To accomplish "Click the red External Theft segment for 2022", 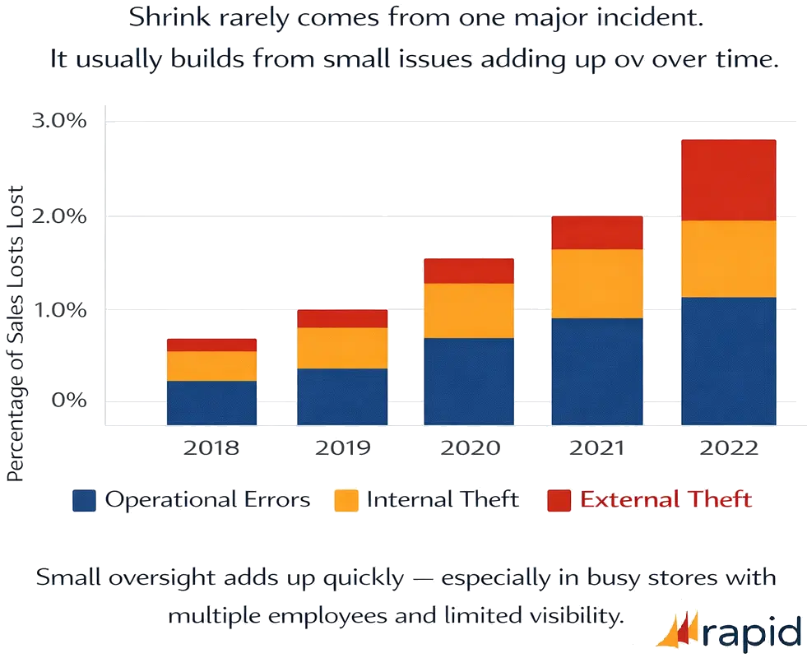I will pyautogui.click(x=728, y=180).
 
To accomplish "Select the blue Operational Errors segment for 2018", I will pyautogui.click(x=211, y=402).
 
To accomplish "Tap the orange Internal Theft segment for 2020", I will pyautogui.click(x=469, y=310).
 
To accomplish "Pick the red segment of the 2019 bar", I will pyautogui.click(x=342, y=318).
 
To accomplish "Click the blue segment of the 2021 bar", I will pyautogui.click(x=597, y=371).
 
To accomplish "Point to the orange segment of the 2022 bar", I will pyautogui.click(x=728, y=258).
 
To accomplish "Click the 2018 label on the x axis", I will pyautogui.click(x=211, y=448).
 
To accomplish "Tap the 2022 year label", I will pyautogui.click(x=728, y=448).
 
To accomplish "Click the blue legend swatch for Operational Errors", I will pyautogui.click(x=85, y=500).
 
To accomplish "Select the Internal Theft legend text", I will pyautogui.click(x=443, y=499).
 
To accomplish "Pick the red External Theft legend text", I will pyautogui.click(x=666, y=499).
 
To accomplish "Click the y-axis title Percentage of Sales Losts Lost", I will pyautogui.click(x=15, y=334).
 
